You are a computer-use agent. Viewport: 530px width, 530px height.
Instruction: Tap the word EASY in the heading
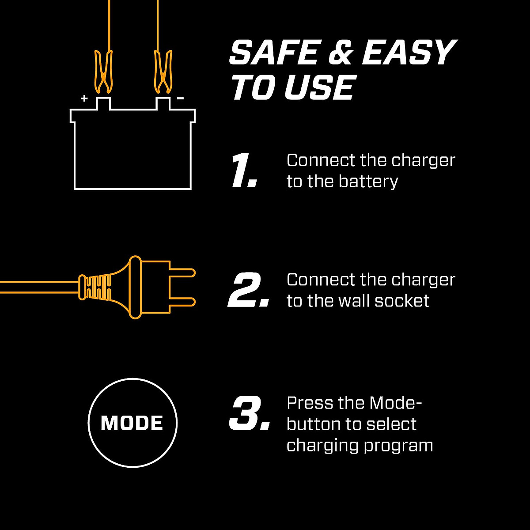pos(408,53)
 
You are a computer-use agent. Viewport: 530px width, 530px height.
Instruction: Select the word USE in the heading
pos(319,87)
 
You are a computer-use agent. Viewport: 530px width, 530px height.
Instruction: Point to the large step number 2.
pos(248,290)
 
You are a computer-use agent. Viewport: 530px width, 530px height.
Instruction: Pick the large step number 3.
pos(249,414)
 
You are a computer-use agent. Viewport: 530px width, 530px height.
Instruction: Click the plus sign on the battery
pos(84,98)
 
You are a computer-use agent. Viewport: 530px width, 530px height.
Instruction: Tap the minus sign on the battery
pos(180,98)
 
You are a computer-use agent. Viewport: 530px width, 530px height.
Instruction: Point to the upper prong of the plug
pos(182,273)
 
